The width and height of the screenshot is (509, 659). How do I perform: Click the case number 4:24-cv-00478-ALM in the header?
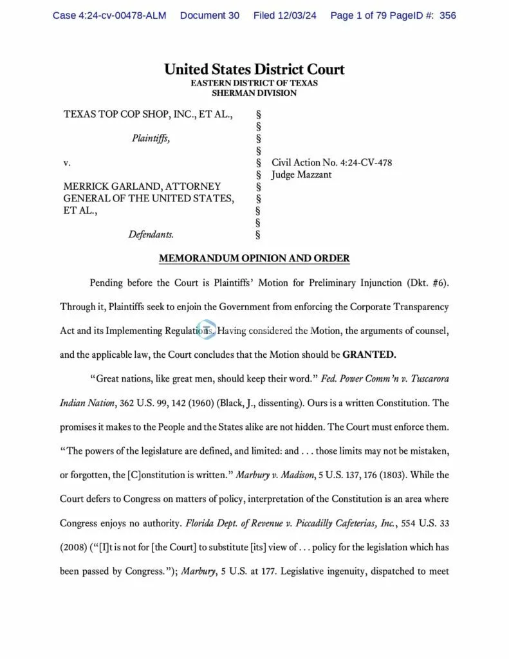[x=109, y=15]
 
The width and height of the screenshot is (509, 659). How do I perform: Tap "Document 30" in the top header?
[x=210, y=15]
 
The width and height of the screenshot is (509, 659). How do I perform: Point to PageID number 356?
[x=448, y=15]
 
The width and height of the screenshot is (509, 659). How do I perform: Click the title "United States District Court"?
[x=254, y=70]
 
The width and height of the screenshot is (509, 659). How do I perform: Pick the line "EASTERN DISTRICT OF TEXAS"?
[x=254, y=83]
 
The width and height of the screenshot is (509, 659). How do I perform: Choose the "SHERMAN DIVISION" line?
[x=254, y=93]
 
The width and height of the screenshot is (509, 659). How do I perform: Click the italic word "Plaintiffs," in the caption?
[x=151, y=137]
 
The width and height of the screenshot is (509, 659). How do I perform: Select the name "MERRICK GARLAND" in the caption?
[x=110, y=186]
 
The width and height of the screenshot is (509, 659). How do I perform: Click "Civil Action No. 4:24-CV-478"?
[x=331, y=163]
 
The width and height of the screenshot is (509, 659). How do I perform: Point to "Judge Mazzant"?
[x=301, y=174]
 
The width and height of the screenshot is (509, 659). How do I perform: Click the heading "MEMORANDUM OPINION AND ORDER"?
[x=254, y=259]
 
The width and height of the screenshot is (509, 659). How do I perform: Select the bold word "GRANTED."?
[x=369, y=354]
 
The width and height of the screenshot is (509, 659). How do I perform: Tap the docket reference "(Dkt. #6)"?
[x=428, y=283]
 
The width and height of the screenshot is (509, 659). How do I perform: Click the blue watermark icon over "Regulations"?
[x=205, y=329]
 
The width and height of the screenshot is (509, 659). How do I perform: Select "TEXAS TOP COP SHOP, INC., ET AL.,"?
[x=148, y=115]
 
